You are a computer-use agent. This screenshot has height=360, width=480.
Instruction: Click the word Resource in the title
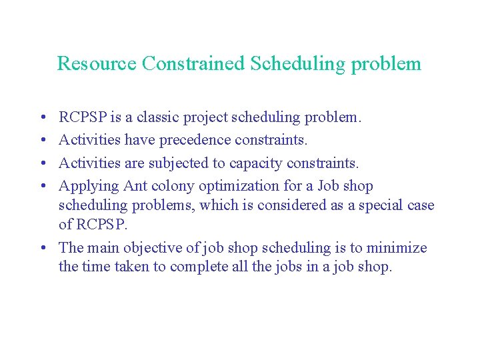pos(97,63)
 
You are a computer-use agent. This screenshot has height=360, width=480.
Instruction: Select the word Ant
pos(137,185)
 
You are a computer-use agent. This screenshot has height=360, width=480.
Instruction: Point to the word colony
pos(175,187)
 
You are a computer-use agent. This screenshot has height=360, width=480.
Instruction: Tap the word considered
pos(291,206)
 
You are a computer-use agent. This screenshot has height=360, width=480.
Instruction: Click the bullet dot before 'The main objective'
pos(41,248)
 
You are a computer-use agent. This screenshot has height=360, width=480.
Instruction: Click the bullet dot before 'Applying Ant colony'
pos(41,186)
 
